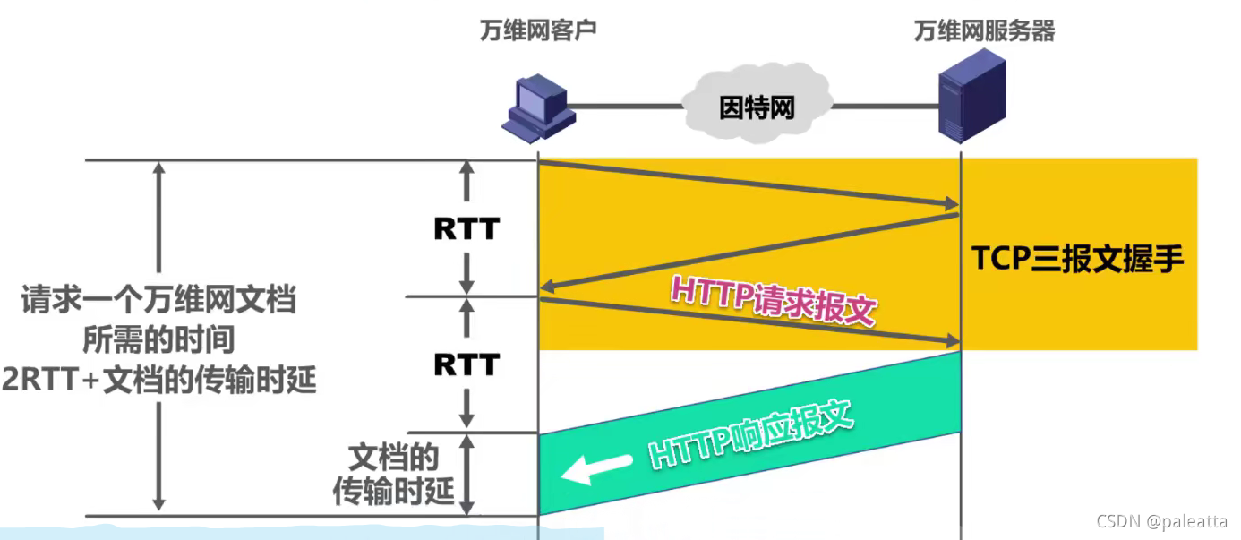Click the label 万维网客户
coord(537,31)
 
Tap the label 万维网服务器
coord(984,31)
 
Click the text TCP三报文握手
coord(1078,259)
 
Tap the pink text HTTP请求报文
coord(772,300)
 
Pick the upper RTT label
coord(466,229)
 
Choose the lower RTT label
coord(466,364)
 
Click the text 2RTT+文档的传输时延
coord(159,381)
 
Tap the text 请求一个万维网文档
coord(159,300)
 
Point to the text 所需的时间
coord(159,340)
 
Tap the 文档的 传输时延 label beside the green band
coord(394,475)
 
